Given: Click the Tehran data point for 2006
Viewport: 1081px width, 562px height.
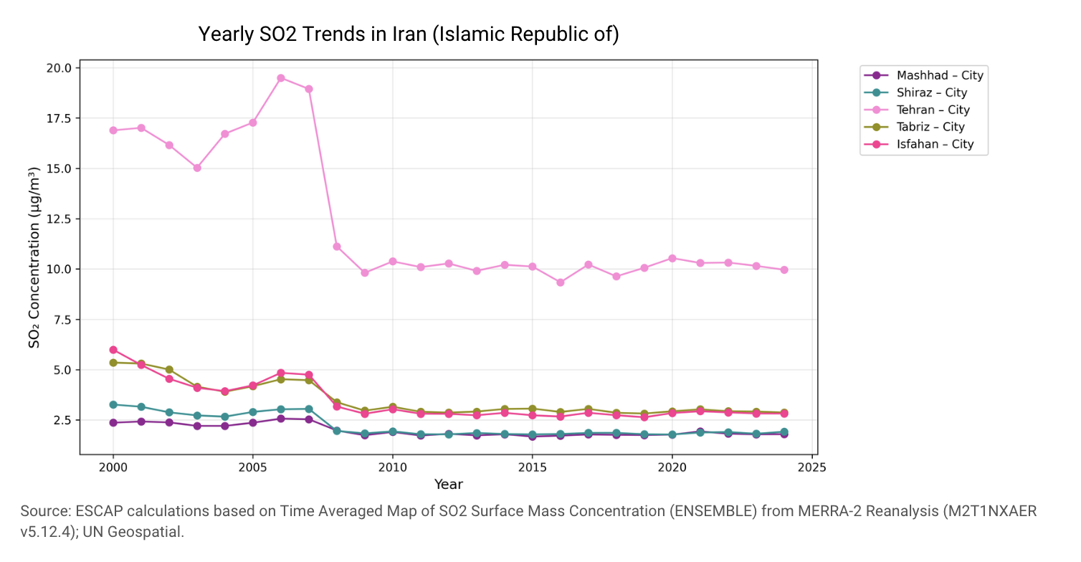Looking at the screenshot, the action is coord(281,78).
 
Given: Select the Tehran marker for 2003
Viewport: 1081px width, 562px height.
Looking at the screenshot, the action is coord(197,168).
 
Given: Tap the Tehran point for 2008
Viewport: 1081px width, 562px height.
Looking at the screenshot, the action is coord(337,247).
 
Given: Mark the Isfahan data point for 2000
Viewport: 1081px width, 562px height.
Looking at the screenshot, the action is coord(113,350).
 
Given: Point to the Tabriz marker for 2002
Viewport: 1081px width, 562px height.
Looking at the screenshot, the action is coord(169,369).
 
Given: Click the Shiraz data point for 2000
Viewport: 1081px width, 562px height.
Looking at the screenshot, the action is coord(113,405).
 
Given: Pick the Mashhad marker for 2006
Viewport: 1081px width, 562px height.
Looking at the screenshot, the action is coord(281,419).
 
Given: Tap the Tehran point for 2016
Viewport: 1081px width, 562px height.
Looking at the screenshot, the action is coord(561,282).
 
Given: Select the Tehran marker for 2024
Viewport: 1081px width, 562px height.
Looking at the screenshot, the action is coord(784,270).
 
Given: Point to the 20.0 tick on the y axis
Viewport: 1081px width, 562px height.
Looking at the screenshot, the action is coord(59,68).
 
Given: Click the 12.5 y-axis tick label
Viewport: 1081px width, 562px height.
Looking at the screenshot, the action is coord(59,219).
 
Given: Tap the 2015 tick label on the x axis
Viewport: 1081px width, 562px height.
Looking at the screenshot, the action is coord(533,467).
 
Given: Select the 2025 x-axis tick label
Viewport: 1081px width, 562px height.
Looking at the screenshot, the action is coord(812,467).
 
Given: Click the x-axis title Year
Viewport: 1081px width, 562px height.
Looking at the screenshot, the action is coord(448,485).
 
